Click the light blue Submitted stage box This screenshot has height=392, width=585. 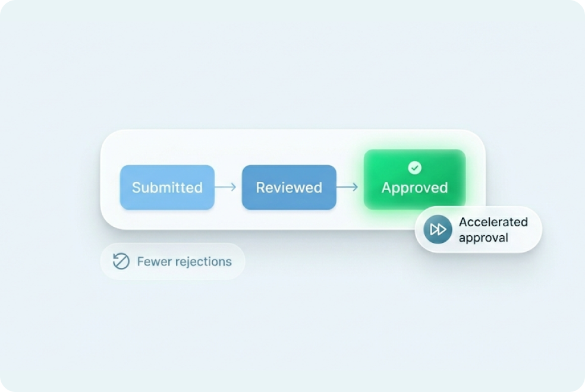point(167,188)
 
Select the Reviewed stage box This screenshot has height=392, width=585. point(289,188)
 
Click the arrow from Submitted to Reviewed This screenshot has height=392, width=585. point(225,188)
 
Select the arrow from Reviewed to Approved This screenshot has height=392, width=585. point(347,188)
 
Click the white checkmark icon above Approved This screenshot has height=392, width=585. point(415,168)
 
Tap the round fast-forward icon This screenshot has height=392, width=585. point(438,230)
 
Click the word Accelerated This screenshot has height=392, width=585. point(493,222)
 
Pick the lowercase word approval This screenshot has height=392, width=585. point(483,238)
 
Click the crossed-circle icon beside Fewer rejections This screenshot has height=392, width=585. point(121,261)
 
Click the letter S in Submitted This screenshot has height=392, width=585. point(136,188)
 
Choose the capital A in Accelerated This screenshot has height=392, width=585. point(463,222)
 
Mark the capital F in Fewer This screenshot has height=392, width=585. point(140,261)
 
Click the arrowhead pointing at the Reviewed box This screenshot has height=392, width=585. point(234,188)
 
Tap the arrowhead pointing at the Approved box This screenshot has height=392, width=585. point(356,188)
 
